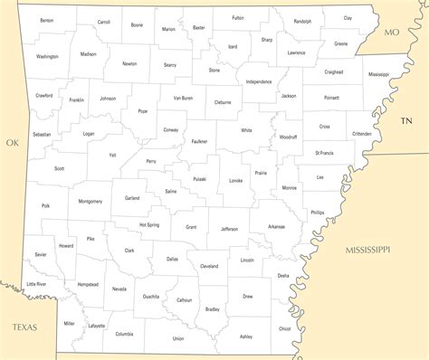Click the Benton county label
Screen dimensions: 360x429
pos(46,20)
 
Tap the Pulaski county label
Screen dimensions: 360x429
pos(199,179)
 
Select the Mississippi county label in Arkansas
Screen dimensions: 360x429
pos(378,74)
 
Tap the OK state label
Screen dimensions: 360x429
pos(12,142)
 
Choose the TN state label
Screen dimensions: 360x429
pos(406,120)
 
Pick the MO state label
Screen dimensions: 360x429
pos(391,33)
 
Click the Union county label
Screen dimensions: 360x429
pos(178,338)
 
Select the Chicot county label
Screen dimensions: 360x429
pos(285,329)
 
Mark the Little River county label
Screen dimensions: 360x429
pos(36,284)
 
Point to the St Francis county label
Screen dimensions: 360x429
pos(324,154)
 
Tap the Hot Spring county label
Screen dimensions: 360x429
pos(149,224)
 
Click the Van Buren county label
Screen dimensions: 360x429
pos(183,98)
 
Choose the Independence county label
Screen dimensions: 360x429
pos(259,81)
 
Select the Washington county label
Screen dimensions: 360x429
pos(47,56)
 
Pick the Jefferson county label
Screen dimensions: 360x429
pos(230,229)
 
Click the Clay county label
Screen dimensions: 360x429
pos(348,18)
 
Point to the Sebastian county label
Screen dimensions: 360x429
pos(42,135)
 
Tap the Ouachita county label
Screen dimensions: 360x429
pos(151,296)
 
